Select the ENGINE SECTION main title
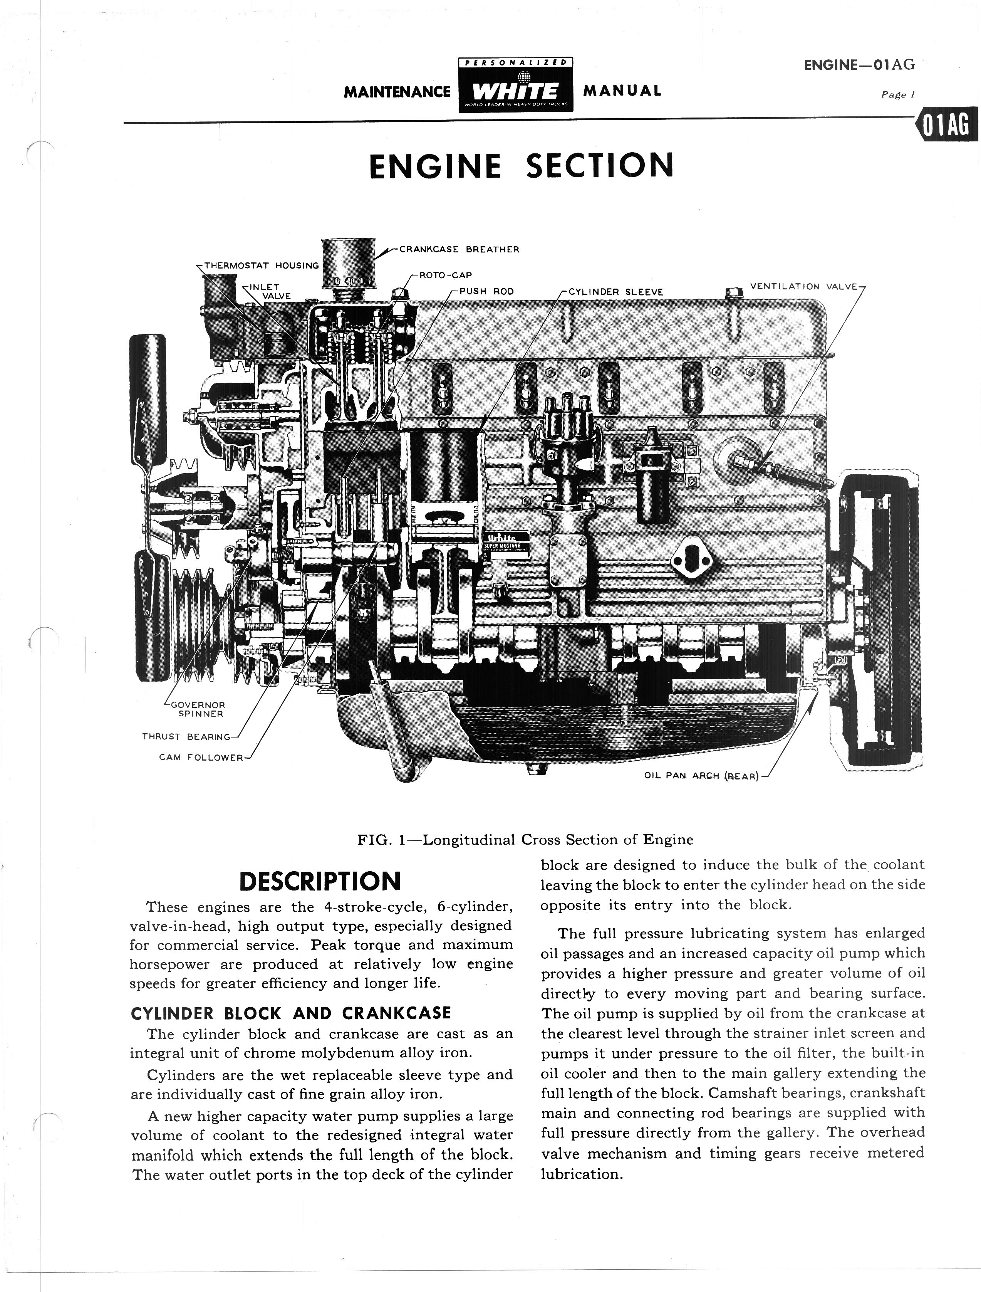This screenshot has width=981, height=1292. coord(522,165)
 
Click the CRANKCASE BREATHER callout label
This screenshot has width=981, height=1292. coord(459,249)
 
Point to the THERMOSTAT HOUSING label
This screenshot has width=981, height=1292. coord(261,266)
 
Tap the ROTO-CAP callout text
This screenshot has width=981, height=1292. coord(446,275)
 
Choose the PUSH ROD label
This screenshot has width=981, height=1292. coord(486,291)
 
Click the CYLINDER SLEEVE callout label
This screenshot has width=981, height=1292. coord(616,292)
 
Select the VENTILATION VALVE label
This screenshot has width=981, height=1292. coord(803,287)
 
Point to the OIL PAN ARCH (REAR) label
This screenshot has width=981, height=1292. coord(701,776)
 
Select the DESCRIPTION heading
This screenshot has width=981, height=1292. coord(320,881)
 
